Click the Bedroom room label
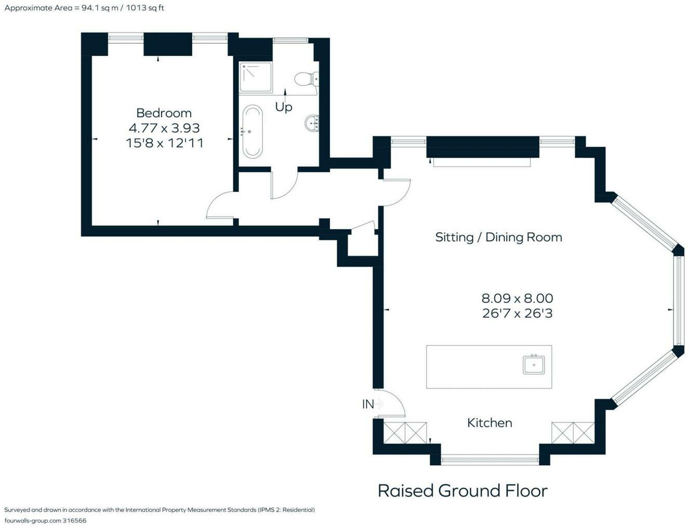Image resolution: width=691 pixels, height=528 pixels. [164, 113]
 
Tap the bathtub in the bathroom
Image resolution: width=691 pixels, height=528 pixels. [253, 131]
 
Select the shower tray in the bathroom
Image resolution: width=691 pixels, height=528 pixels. [256, 77]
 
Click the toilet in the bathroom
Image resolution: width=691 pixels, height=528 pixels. [306, 79]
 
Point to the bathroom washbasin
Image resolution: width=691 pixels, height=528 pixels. [312, 123]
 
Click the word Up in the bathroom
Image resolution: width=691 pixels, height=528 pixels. [284, 107]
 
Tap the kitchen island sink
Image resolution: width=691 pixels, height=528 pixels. [534, 365]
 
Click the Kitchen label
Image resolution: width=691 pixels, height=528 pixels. [489, 423]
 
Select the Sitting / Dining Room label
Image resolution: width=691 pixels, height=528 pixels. [498, 237]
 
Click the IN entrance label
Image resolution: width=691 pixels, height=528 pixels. [368, 404]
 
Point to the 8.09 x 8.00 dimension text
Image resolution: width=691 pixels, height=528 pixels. [517, 299]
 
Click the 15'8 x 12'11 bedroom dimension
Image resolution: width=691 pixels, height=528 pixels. [164, 143]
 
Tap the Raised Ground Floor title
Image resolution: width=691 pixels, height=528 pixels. [462, 491]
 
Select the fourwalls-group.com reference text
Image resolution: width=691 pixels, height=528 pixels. [45, 520]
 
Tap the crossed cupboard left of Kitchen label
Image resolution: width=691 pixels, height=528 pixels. [405, 433]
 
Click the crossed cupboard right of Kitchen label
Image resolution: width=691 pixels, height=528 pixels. [573, 433]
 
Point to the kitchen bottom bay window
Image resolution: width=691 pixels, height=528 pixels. [490, 459]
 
